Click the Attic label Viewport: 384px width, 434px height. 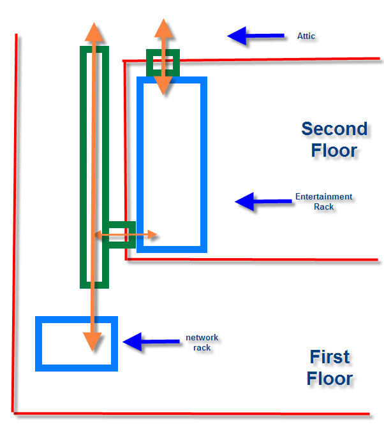click(x=306, y=36)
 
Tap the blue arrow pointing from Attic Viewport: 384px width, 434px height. click(x=255, y=36)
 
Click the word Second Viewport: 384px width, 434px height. click(x=334, y=129)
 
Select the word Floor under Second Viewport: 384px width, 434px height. click(x=334, y=151)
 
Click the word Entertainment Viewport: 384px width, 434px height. click(x=323, y=197)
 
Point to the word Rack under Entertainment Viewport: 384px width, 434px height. click(x=324, y=206)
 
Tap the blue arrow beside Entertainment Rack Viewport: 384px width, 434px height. click(x=262, y=201)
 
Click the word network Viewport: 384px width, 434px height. click(x=202, y=338)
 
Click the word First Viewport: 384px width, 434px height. click(x=329, y=357)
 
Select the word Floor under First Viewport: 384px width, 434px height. click(x=329, y=379)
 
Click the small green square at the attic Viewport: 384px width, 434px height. click(x=163, y=62)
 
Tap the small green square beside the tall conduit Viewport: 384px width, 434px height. click(x=121, y=235)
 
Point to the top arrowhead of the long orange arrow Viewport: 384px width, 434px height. click(x=93, y=32)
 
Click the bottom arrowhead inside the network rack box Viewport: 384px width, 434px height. click(x=93, y=340)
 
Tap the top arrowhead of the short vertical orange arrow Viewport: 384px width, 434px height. click(x=163, y=29)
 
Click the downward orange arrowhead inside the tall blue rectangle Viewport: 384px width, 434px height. click(x=163, y=86)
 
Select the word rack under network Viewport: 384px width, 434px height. click(x=202, y=347)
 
